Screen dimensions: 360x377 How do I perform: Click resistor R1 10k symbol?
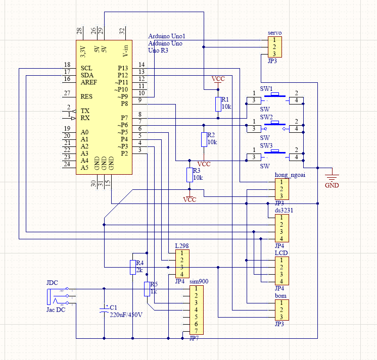click(x=218, y=104)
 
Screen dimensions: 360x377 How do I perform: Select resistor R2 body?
click(x=204, y=139)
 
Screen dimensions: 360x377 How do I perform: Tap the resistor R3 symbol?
click(x=190, y=175)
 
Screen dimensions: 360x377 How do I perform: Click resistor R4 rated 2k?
click(x=132, y=267)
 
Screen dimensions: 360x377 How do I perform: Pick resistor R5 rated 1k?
click(x=147, y=289)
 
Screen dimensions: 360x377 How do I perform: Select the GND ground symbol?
click(x=332, y=177)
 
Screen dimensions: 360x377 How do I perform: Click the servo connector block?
click(x=273, y=47)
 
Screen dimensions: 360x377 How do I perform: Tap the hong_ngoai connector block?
click(x=281, y=189)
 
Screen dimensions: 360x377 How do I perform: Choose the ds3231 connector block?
click(x=281, y=228)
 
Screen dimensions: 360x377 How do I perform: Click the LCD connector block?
click(x=281, y=271)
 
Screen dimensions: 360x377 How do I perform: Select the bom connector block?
click(x=281, y=310)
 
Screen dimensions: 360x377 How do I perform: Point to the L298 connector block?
click(x=182, y=264)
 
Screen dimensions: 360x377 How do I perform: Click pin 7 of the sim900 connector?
click(x=196, y=331)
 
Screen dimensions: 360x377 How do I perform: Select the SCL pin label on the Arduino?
click(x=86, y=68)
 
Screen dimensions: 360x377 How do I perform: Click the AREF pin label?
click(x=89, y=82)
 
